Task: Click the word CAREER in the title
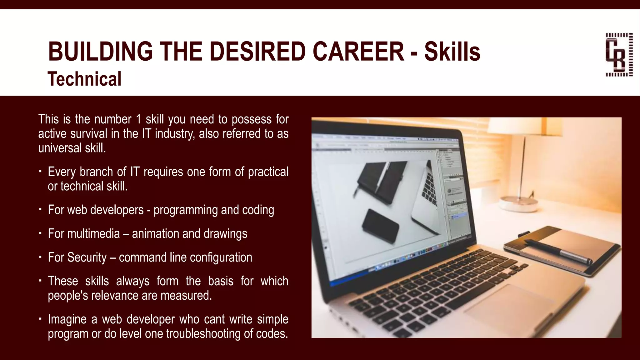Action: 358,52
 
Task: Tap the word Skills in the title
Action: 452,52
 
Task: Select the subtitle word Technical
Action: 84,79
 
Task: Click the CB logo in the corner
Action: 619,55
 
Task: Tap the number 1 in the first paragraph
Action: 138,119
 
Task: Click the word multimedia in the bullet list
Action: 93,234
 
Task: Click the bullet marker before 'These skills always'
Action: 40,281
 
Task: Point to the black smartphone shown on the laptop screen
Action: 380,226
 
